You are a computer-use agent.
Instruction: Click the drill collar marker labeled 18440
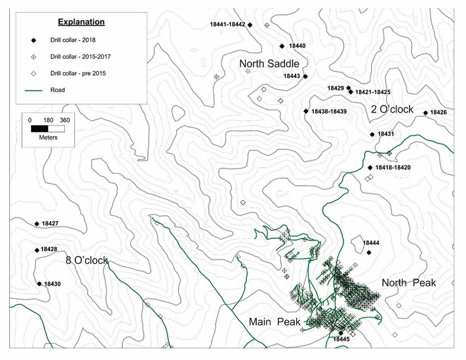tap(282, 46)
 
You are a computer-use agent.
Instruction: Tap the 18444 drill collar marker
tap(369, 252)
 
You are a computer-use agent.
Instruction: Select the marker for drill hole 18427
tap(37, 224)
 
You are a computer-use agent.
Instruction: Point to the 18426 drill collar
tap(426, 113)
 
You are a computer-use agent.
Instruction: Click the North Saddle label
tap(269, 64)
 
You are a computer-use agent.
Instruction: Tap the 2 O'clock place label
tap(392, 109)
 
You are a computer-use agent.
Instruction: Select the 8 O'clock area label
tap(87, 260)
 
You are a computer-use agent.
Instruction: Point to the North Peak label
tap(408, 283)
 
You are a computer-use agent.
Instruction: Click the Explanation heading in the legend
tap(81, 22)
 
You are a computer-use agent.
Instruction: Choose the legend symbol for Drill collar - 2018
tap(33, 40)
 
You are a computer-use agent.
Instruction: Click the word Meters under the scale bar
tap(48, 137)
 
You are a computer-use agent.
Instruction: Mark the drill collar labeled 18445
tap(341, 333)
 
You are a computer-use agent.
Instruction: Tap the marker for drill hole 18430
tap(39, 283)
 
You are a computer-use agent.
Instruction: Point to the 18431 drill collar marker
tap(372, 134)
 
